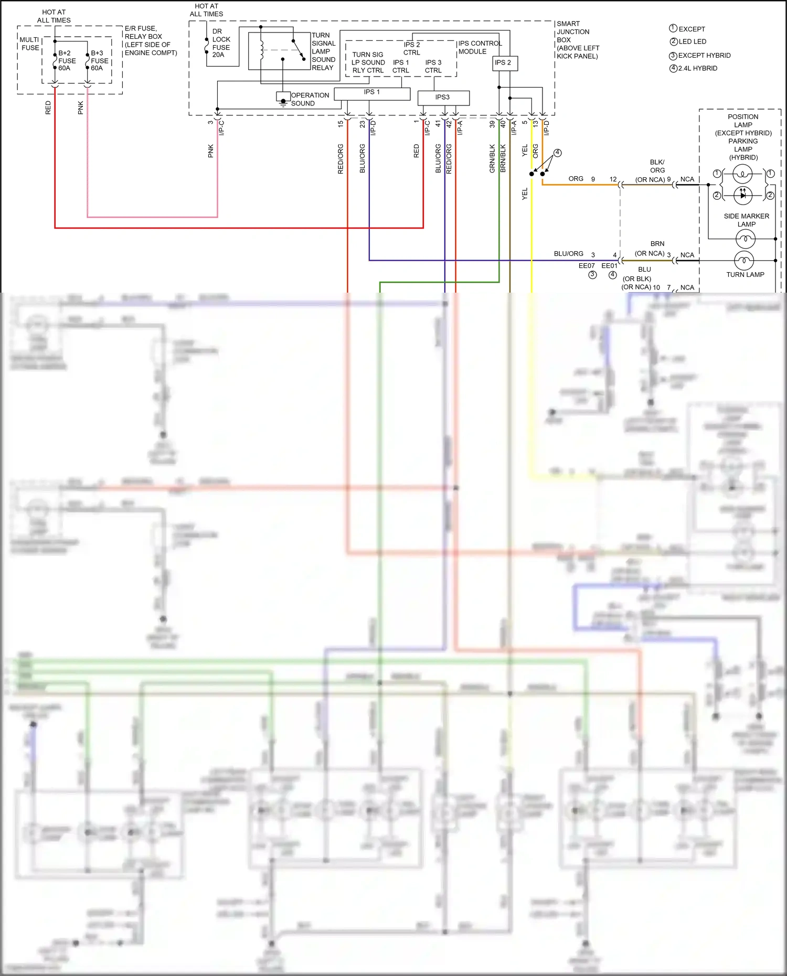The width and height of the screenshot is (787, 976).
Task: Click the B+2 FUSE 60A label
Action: pyautogui.click(x=66, y=61)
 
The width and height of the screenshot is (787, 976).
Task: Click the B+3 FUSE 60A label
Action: pyautogui.click(x=99, y=61)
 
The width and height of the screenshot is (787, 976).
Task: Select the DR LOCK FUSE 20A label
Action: pyautogui.click(x=221, y=43)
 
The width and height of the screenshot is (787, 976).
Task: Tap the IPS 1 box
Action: pyautogui.click(x=372, y=93)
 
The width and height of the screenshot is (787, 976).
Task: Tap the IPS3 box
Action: pyautogui.click(x=443, y=98)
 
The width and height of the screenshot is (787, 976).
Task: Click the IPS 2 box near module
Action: pyautogui.click(x=503, y=63)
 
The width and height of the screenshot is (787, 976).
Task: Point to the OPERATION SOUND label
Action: pyautogui.click(x=310, y=99)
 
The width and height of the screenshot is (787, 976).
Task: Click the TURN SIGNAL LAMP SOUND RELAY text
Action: pyautogui.click(x=323, y=51)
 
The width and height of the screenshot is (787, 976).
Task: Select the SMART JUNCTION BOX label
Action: pyautogui.click(x=577, y=40)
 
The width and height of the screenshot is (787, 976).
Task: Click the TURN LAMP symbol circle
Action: pyautogui.click(x=744, y=260)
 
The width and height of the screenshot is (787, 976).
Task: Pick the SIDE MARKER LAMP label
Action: pyautogui.click(x=746, y=220)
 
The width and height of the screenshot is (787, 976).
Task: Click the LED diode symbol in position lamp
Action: pyautogui.click(x=742, y=195)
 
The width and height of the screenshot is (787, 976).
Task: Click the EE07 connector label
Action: pyautogui.click(x=587, y=266)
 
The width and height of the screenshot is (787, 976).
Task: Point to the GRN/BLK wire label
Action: pyautogui.click(x=492, y=158)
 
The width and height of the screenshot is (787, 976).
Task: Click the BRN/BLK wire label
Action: pyautogui.click(x=503, y=158)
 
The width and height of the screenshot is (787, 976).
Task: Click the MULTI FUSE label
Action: pyautogui.click(x=30, y=44)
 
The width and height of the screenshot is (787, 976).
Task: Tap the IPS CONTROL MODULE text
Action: pyautogui.click(x=480, y=47)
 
